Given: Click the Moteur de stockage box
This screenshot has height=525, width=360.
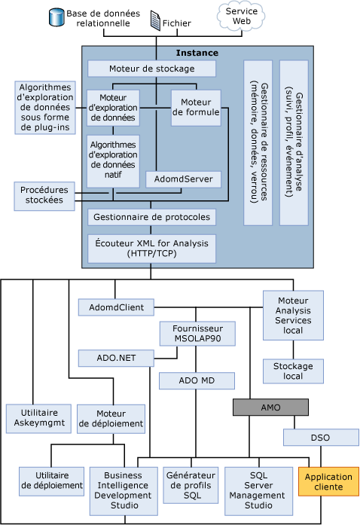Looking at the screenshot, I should [x=151, y=69].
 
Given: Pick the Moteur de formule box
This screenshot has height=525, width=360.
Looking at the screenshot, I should [x=196, y=108].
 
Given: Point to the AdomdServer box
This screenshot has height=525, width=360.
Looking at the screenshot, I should [x=184, y=179].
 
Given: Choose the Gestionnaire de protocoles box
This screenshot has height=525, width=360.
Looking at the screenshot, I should [x=151, y=217].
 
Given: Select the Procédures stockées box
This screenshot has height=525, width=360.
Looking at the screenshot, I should [x=44, y=195].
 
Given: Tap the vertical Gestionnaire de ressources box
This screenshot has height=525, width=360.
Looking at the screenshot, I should [x=258, y=142].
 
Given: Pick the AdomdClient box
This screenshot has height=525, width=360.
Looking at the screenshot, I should [x=116, y=307].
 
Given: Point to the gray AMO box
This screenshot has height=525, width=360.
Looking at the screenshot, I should [x=270, y=407].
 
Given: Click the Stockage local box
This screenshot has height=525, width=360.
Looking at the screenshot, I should [x=293, y=371].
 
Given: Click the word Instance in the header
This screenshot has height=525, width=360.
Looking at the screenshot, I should [x=197, y=53].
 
